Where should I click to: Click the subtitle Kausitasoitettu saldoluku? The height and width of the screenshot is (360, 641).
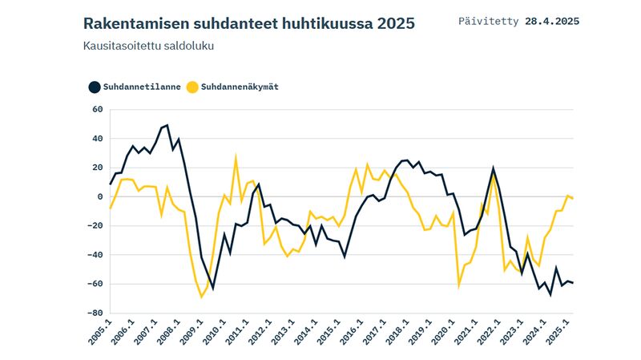point(148,47)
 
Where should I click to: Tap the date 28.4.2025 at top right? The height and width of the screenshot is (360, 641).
point(552,20)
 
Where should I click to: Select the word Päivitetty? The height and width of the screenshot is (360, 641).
point(488,20)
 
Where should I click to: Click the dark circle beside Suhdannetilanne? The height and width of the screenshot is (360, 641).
point(95,87)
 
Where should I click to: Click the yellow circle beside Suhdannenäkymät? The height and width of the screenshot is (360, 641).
point(191,87)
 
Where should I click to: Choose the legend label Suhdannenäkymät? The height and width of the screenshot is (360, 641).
point(240,87)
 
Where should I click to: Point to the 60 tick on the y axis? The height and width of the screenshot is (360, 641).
point(98,109)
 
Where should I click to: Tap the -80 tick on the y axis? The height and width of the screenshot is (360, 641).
point(95,313)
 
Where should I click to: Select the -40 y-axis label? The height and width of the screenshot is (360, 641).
point(95,255)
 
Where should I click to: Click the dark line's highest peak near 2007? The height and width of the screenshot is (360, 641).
point(167,125)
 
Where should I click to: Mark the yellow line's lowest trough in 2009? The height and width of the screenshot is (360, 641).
point(202,297)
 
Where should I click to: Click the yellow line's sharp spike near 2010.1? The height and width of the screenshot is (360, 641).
point(236,157)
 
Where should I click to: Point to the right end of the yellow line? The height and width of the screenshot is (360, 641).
point(572,198)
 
